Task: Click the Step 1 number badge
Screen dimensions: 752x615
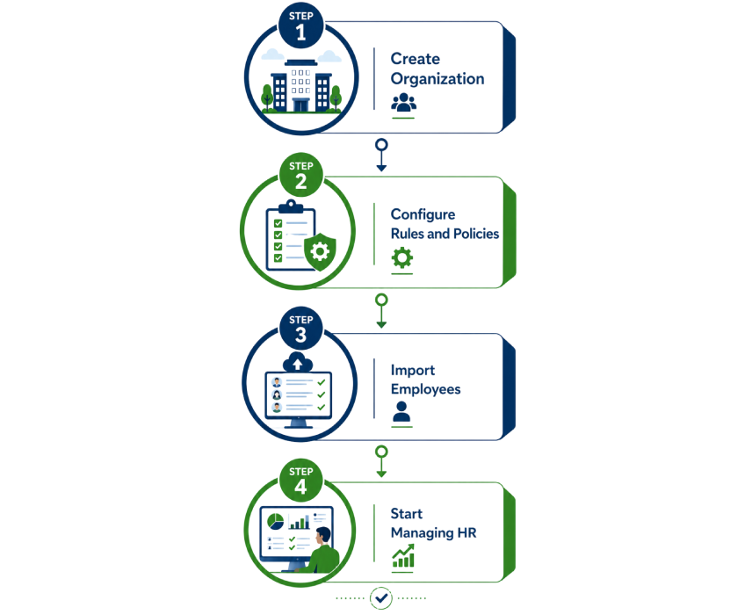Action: coord(300,25)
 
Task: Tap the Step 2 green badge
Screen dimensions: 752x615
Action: coord(300,175)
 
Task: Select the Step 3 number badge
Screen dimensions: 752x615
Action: coord(300,329)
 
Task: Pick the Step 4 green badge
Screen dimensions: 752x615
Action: coord(300,481)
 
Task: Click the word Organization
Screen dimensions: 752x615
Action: coord(437,80)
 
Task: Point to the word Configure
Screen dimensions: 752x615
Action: coord(423,214)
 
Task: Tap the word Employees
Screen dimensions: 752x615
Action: coord(425,389)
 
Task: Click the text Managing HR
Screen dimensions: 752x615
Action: coord(434,533)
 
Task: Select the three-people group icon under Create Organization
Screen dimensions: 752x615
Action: coord(404,103)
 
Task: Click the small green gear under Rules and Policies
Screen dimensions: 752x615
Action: coord(402,257)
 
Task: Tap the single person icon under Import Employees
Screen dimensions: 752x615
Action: coord(401,411)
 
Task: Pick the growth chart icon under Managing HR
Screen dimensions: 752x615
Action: coord(403,556)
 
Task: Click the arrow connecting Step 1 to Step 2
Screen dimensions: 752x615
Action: coord(381,156)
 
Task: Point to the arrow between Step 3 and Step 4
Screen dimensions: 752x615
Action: coord(381,461)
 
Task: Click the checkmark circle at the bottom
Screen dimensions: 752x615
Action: coord(381,597)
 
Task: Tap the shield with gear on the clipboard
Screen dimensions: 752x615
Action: coord(320,251)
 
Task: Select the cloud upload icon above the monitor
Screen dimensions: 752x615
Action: coord(298,363)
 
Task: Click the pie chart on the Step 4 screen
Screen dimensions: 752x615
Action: coord(275,522)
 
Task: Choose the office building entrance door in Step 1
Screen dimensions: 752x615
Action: coord(301,105)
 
